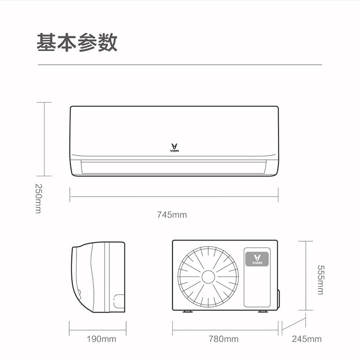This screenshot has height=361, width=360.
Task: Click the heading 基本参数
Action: pyautogui.click(x=77, y=42)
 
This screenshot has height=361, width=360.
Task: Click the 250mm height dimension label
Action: pyautogui.click(x=38, y=198)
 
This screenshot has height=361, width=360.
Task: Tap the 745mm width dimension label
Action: pyautogui.click(x=172, y=215)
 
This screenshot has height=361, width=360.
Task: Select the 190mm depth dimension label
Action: pyautogui.click(x=102, y=339)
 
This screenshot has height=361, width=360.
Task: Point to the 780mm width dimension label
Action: pyautogui.click(x=224, y=339)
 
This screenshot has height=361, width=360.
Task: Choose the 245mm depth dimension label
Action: pyautogui.click(x=307, y=339)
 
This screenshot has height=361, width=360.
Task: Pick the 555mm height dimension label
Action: pyautogui.click(x=321, y=280)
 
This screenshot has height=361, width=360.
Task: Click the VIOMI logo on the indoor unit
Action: pyautogui.click(x=175, y=148)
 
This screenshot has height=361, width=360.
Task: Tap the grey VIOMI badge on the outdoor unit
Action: pyautogui.click(x=257, y=259)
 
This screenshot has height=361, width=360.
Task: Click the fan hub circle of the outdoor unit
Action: pyautogui.click(x=208, y=277)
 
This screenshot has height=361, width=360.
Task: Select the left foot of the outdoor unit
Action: pyautogui.click(x=187, y=311)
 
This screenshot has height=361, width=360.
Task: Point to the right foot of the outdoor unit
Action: pyautogui.click(x=263, y=311)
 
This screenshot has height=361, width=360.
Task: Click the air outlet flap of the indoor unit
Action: pyautogui.click(x=174, y=167)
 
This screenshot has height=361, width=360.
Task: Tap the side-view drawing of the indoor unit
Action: pyautogui.click(x=98, y=277)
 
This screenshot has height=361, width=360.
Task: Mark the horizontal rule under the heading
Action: pyautogui.click(x=180, y=65)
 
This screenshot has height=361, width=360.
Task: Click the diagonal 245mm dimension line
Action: pyautogui.click(x=294, y=324)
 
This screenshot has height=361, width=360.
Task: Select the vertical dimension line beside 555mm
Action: pyautogui.click(x=306, y=275)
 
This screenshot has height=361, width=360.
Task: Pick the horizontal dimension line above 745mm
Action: pyautogui.click(x=174, y=197)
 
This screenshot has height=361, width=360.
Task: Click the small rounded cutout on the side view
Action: pyautogui.click(x=119, y=301)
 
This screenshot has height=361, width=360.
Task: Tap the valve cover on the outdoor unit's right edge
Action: pyautogui.click(x=278, y=299)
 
